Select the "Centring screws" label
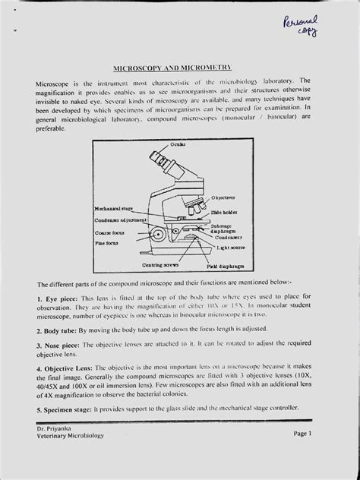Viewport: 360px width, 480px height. click(x=156, y=265)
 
